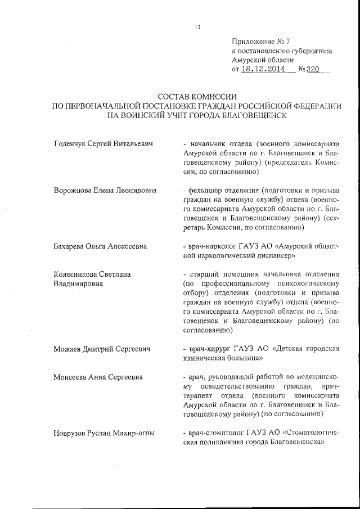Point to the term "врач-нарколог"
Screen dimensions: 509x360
[213, 246]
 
